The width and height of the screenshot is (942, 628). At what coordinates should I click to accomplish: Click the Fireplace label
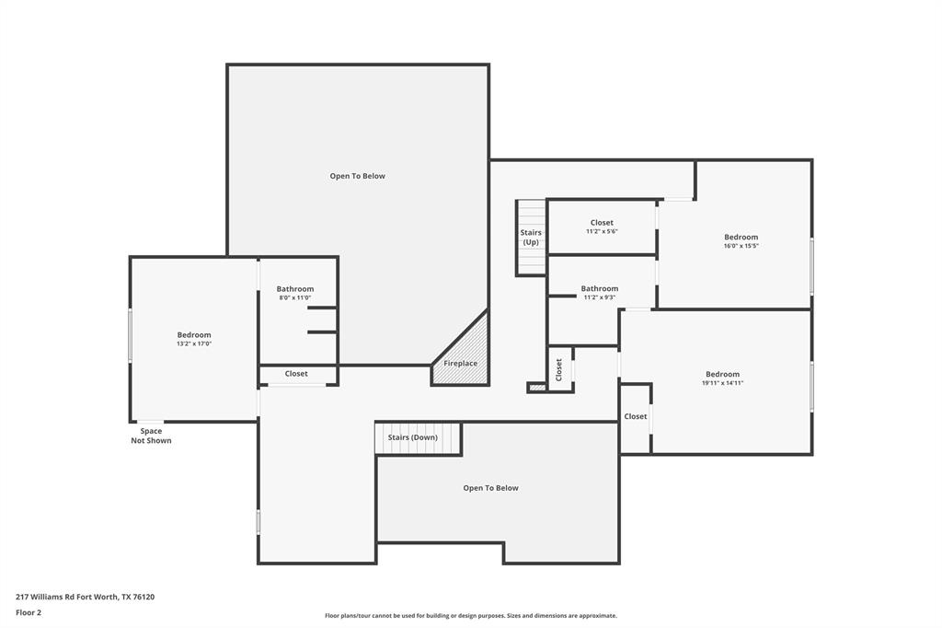pos(460,364)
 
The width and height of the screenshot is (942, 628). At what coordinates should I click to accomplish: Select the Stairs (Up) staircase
pos(531,238)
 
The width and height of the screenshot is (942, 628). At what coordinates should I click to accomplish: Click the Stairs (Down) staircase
pos(417,438)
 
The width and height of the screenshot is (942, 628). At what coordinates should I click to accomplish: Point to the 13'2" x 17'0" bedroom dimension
pos(194,343)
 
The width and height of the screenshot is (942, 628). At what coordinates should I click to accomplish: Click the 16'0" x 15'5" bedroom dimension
pos(741,246)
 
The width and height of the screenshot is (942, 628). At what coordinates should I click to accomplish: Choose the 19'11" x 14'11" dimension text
pos(722,383)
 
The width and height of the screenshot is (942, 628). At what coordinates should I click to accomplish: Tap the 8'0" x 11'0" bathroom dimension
pos(295,297)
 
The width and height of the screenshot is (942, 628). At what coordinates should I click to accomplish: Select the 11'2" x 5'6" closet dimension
pos(602,231)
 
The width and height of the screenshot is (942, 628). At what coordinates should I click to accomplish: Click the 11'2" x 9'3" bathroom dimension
pos(599,297)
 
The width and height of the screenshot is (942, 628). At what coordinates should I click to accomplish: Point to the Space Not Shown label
pos(151,436)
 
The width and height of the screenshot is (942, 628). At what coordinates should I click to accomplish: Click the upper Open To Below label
pos(357,176)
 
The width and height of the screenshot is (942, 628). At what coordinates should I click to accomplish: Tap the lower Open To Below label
pos(490,488)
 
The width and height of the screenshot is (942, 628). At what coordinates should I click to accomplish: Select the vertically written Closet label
pos(559,369)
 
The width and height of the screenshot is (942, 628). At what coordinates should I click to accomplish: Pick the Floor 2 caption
pos(29,612)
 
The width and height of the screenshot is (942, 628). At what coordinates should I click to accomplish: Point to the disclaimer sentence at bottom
pos(470,616)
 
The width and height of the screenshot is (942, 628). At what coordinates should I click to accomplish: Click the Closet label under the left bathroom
pos(296,374)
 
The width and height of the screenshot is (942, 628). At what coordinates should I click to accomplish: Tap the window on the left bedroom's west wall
pos(131,335)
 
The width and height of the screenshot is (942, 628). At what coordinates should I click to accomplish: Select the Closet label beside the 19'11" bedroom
pos(636,416)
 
